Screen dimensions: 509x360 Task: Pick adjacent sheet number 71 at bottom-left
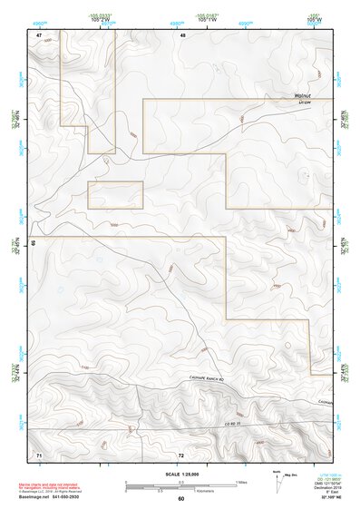coord(39,452)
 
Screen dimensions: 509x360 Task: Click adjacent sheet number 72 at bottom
coord(181,452)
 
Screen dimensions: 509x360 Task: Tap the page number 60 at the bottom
coord(181,499)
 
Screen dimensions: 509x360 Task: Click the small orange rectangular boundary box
coord(115,195)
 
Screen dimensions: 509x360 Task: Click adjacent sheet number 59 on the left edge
coord(32,243)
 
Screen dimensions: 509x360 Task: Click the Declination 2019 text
coord(332,487)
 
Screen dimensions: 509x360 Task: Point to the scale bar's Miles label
coord(240,482)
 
